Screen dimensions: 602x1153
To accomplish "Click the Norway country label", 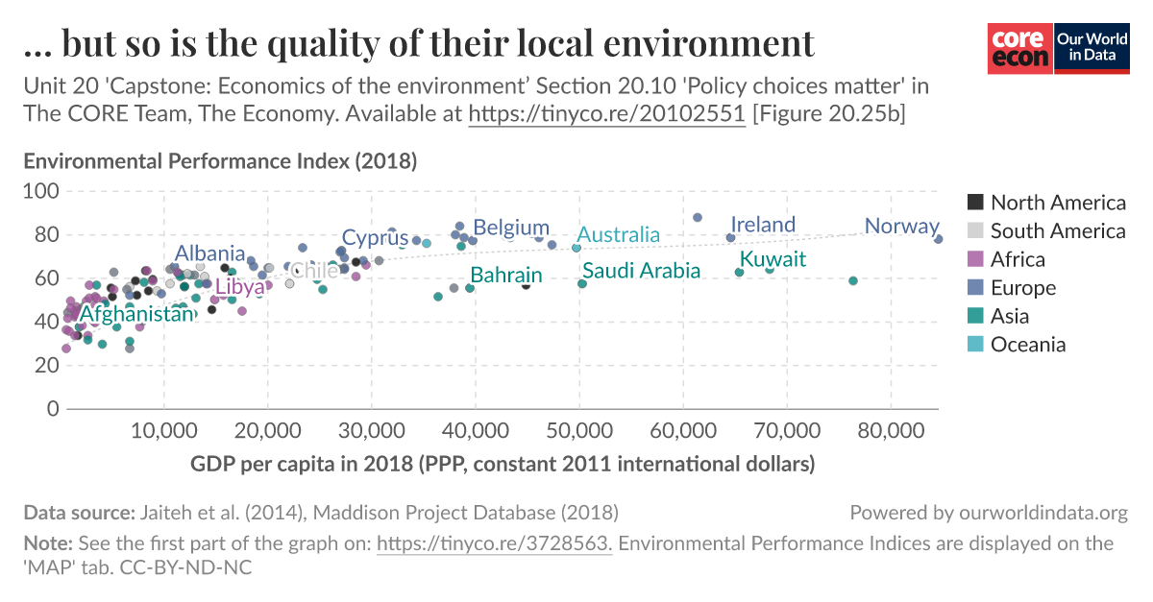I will [x=900, y=227].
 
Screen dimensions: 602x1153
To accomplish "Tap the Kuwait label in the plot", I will [x=773, y=260].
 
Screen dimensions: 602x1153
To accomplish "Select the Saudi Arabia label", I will [x=641, y=271].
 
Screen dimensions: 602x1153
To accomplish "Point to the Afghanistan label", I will [x=136, y=314].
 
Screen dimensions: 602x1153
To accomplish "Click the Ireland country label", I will [x=763, y=225].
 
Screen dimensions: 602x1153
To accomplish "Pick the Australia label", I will [x=618, y=235].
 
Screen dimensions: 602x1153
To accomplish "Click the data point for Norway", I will [x=939, y=239].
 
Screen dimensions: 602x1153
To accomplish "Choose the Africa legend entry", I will [x=1018, y=259].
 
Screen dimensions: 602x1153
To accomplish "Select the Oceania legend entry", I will [x=1027, y=345].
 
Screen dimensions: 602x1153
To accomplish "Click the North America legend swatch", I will [x=975, y=203].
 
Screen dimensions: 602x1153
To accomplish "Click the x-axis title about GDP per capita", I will [x=503, y=465].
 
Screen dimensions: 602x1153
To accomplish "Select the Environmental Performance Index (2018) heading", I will [x=219, y=161].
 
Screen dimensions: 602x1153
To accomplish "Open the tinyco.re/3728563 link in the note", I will [x=494, y=544].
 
